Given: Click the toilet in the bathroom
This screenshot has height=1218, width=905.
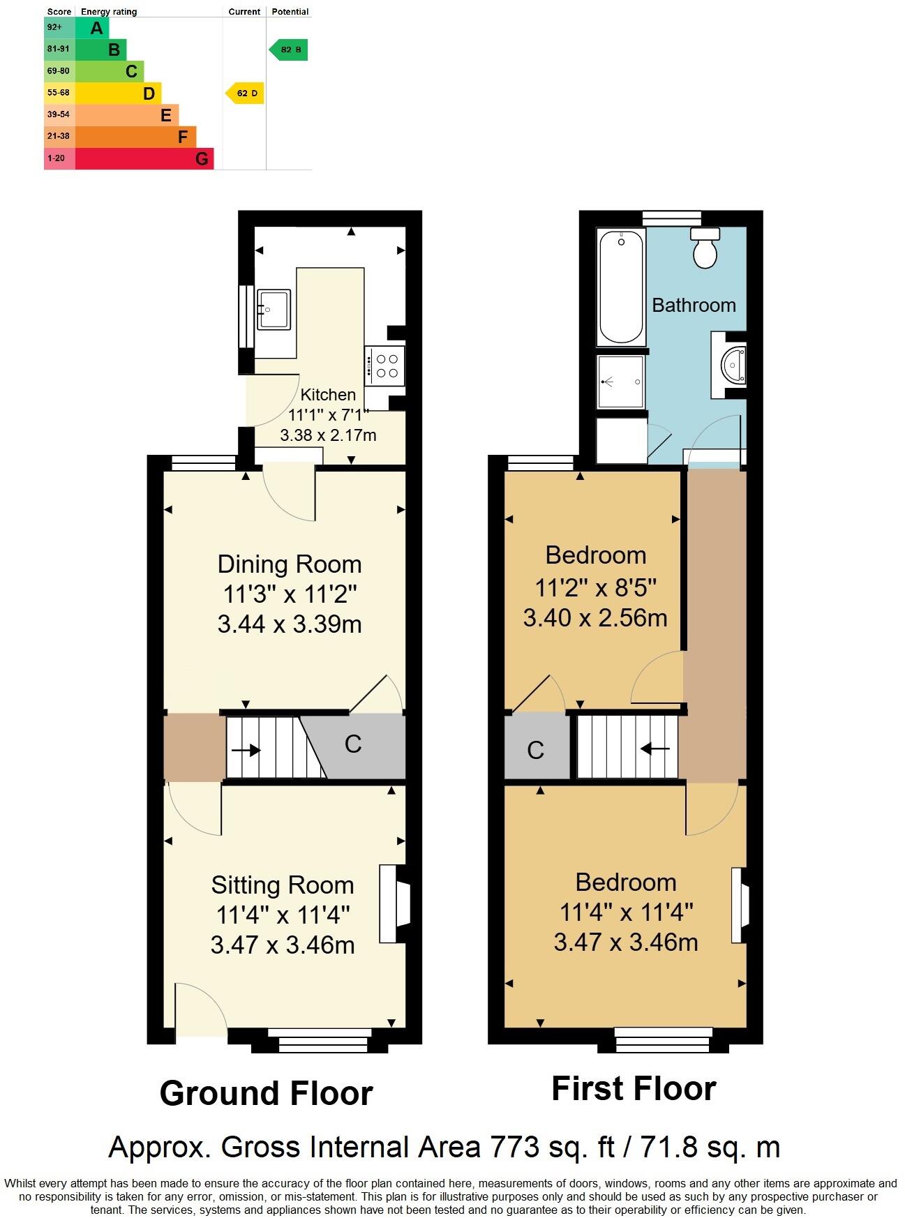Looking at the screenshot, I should (705, 249).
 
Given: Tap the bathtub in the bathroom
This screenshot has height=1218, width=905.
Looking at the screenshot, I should (620, 287).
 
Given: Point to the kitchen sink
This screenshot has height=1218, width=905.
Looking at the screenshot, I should (274, 309).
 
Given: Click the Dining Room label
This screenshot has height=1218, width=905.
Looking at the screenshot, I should (290, 564).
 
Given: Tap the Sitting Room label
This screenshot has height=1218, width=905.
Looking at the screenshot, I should (283, 885).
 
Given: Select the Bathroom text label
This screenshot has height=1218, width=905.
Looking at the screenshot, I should (694, 305).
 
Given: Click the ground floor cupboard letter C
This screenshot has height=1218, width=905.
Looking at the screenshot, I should (353, 744).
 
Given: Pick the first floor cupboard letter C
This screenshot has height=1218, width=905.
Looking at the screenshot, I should (535, 750).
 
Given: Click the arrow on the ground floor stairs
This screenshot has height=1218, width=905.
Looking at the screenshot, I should (246, 751).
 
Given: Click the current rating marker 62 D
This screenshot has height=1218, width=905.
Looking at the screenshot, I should (245, 93).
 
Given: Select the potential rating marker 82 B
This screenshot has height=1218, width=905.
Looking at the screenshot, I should (289, 50).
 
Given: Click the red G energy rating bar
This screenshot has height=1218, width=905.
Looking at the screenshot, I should (144, 158).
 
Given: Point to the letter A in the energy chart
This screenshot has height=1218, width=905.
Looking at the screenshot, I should (97, 29).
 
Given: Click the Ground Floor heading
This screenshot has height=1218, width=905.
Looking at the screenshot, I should (266, 1093).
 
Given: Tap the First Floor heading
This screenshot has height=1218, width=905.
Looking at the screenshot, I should (634, 1088).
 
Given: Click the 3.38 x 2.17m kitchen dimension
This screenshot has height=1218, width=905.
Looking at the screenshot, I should (328, 435).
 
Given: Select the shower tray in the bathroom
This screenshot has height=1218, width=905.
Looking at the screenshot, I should (620, 382).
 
